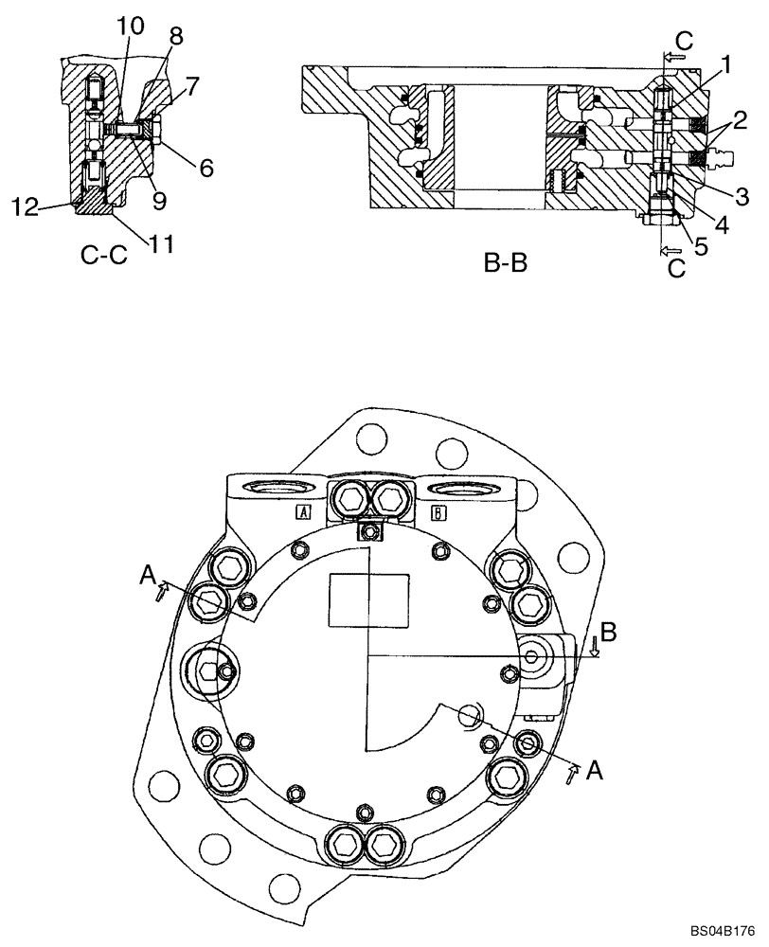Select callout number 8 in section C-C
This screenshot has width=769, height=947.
(x=175, y=37)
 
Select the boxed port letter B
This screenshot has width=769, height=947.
(x=439, y=512)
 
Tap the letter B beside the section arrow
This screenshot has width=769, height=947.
(x=610, y=631)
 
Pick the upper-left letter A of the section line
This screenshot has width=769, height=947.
(x=146, y=574)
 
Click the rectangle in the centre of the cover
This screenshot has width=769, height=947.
(x=367, y=599)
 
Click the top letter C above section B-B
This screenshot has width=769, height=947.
(x=684, y=41)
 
